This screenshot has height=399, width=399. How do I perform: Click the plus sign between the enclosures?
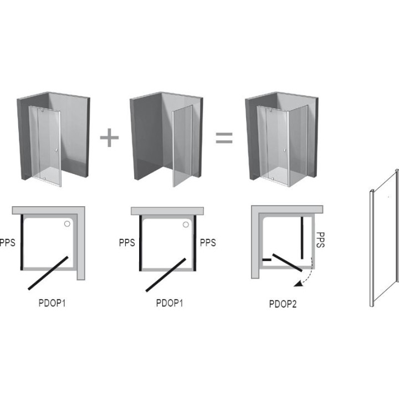tap(109, 137)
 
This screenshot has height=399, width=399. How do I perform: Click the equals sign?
tap(224, 137)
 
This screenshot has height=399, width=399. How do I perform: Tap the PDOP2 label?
tap(283, 304)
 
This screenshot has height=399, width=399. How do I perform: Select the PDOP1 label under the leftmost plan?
tap(52, 303)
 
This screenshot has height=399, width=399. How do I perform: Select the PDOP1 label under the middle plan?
tap(170, 303)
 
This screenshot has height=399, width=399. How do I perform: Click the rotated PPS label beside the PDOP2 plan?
tap(320, 240)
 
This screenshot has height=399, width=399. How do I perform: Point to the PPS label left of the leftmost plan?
tap(7, 243)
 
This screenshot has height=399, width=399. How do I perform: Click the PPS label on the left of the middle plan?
tap(127, 243)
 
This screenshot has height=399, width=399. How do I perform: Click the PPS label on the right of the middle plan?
tap(208, 243)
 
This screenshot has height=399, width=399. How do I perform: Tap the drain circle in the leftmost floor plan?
tap(67, 224)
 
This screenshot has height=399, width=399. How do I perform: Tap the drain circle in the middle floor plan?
tap(186, 224)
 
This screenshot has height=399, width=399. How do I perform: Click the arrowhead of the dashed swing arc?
tap(297, 284)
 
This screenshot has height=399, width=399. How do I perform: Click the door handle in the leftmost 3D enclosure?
tap(56, 150)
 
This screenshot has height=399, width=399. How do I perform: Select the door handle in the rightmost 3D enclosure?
tap(285, 151)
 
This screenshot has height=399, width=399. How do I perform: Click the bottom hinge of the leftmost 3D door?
tap(44, 179)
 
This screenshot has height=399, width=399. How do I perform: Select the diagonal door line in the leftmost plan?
tap(48, 273)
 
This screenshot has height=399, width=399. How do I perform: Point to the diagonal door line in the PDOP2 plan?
tap(288, 262)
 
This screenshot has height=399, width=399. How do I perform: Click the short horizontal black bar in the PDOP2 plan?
tap(267, 260)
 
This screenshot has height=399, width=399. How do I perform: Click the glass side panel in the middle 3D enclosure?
tap(182, 146)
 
